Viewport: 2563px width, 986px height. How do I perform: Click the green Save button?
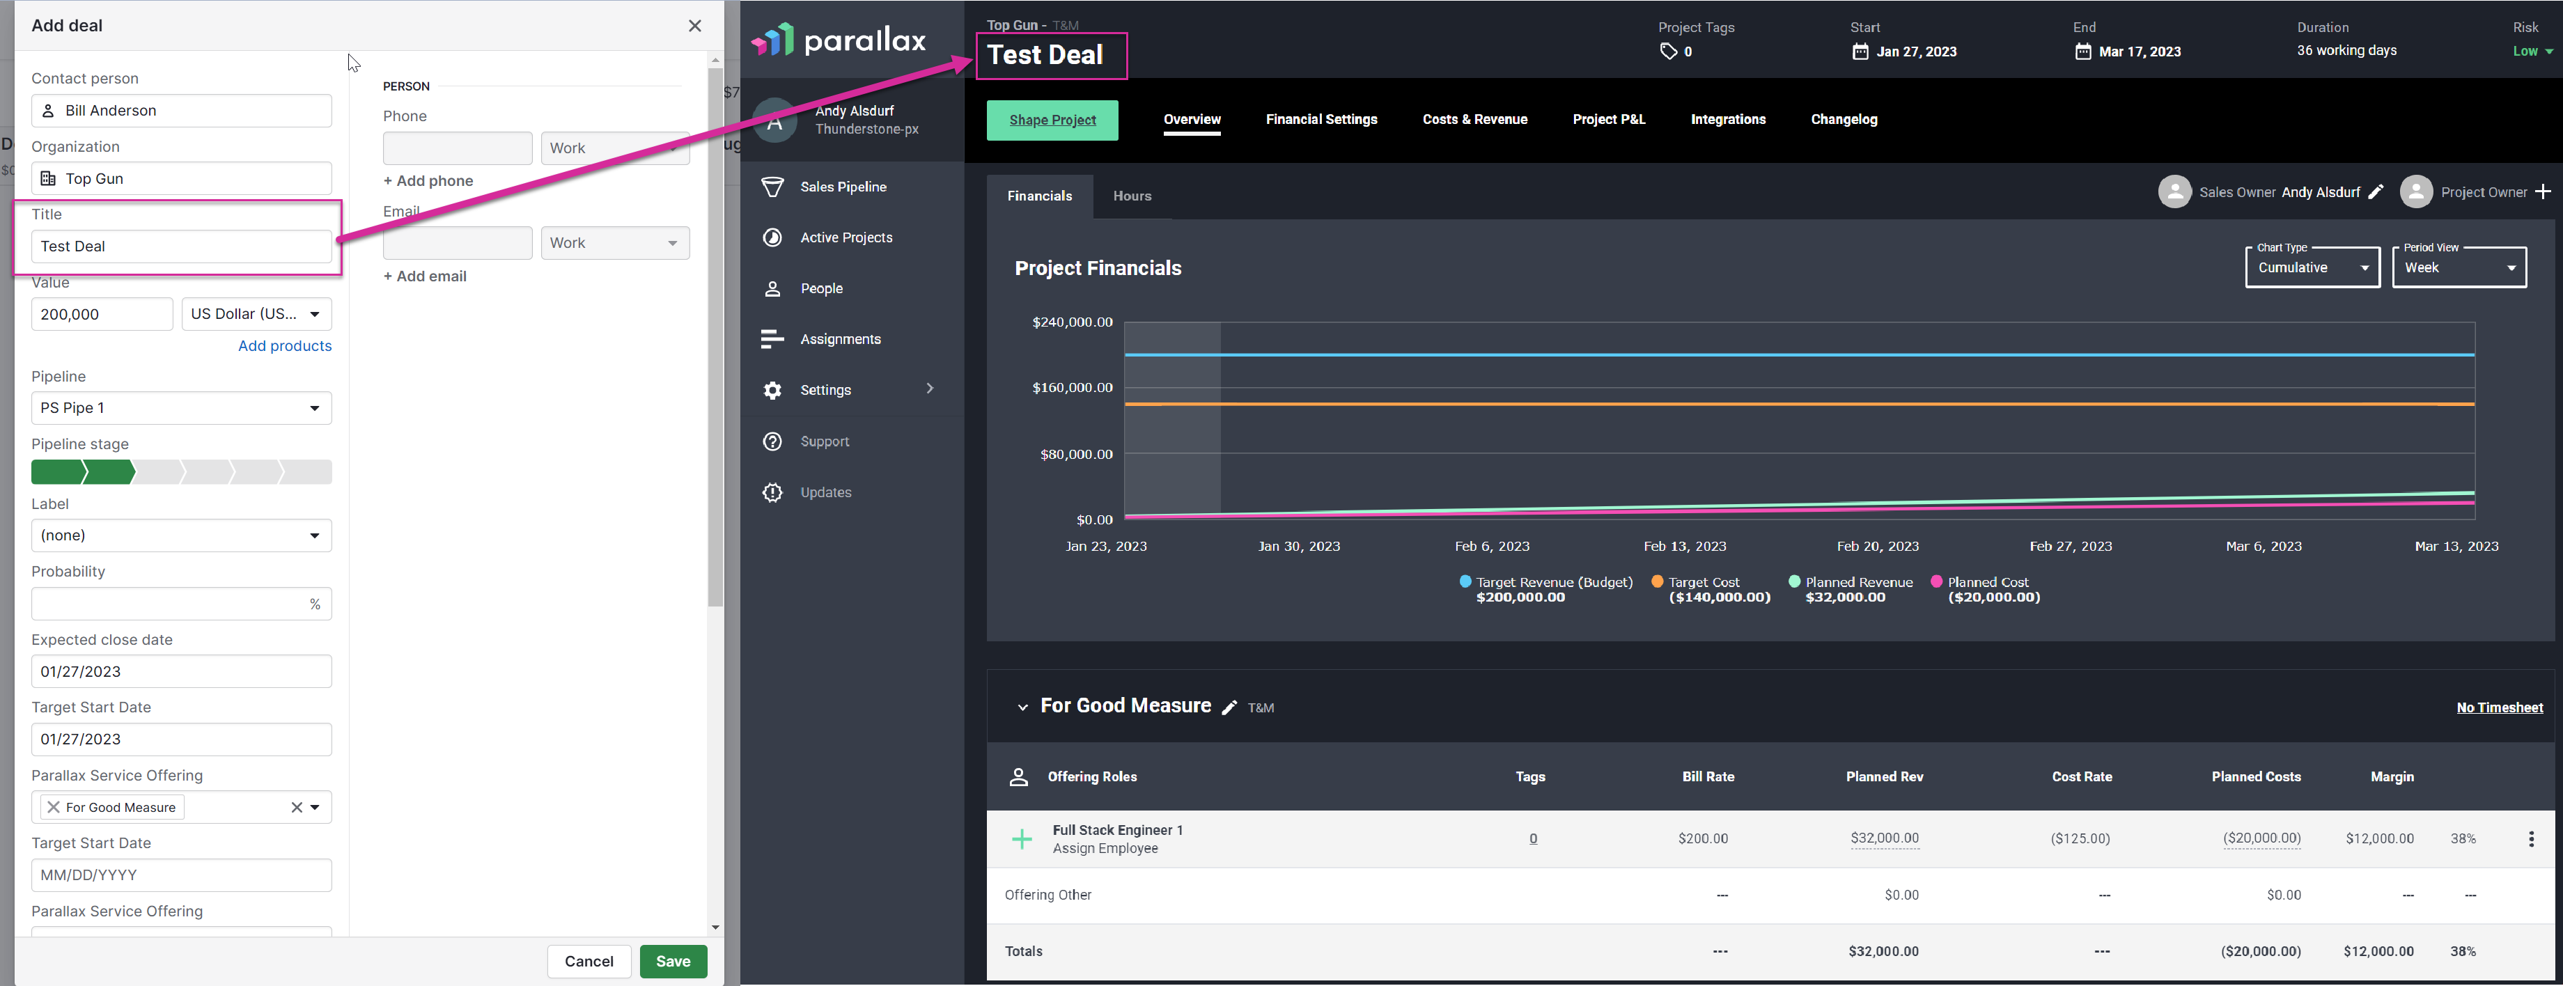(673, 961)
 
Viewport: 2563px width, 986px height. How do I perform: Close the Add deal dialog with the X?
(694, 26)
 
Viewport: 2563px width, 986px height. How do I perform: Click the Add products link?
(285, 345)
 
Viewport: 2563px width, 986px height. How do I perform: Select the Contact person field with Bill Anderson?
(181, 111)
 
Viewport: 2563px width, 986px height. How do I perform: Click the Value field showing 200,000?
(102, 315)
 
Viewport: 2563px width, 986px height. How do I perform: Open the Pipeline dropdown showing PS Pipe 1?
(181, 408)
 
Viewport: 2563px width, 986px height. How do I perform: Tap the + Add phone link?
(428, 180)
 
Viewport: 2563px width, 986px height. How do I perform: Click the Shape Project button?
(1052, 120)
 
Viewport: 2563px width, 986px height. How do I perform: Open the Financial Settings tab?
(1321, 119)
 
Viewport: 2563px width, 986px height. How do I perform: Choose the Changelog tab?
(1844, 119)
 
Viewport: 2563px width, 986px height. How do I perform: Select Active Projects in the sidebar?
(846, 237)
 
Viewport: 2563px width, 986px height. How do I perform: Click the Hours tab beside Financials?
(1132, 196)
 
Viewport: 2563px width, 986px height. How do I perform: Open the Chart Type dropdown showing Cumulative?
(2312, 267)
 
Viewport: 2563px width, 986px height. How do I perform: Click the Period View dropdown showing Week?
(2459, 267)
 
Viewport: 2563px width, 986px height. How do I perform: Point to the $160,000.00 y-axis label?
(1073, 388)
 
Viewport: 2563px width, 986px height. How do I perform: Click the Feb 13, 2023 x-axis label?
(1685, 546)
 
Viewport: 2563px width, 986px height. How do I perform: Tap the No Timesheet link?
(2500, 707)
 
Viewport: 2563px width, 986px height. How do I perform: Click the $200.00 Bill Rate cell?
(1702, 839)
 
